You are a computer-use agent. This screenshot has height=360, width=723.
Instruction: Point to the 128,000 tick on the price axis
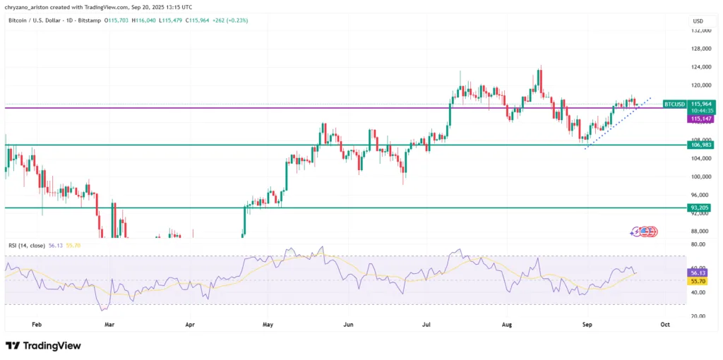pyautogui.click(x=700, y=49)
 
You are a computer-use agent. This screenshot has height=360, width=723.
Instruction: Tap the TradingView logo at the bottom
pyautogui.click(x=43, y=346)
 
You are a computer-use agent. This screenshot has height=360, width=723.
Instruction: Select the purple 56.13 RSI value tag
pyautogui.click(x=698, y=272)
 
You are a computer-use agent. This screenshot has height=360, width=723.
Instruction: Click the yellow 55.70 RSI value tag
pyautogui.click(x=698, y=281)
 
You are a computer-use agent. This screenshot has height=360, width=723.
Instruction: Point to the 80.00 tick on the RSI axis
pyautogui.click(x=698, y=244)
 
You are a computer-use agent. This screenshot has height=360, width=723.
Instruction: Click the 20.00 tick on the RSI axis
pyautogui.click(x=698, y=316)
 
